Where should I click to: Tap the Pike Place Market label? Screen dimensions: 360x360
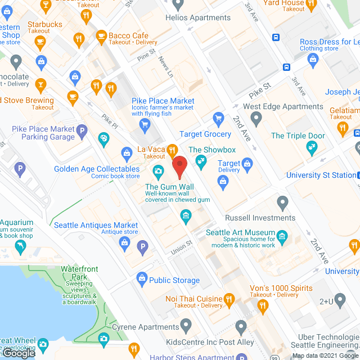pyautogui.click(x=163, y=101)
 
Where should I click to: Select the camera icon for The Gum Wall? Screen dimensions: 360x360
pyautogui.click(x=159, y=170)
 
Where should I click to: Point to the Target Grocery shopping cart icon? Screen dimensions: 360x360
pyautogui.click(x=218, y=119)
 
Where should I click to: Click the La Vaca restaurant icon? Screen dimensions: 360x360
pyautogui.click(x=173, y=150)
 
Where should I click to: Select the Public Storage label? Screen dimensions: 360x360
pyautogui.click(x=174, y=280)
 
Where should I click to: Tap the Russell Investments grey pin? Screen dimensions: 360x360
pyautogui.click(x=282, y=202)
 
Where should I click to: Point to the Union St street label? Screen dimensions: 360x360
pyautogui.click(x=182, y=246)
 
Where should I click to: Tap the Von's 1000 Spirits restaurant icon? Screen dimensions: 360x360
pyautogui.click(x=262, y=307)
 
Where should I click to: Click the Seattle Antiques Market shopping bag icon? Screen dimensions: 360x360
pyautogui.click(x=125, y=242)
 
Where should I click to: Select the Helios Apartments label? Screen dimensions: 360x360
pyautogui.click(x=198, y=17)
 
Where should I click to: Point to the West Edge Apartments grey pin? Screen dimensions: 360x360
pyautogui.click(x=256, y=119)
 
